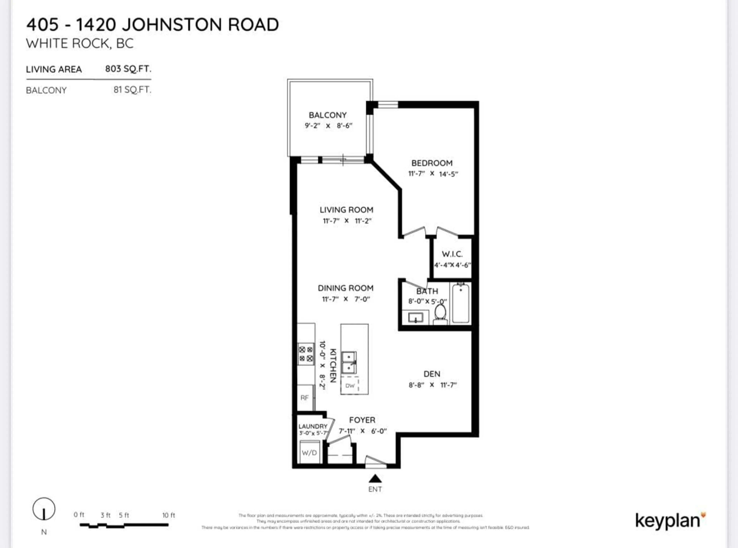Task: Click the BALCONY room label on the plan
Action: [x=327, y=115]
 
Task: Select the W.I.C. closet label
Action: [x=452, y=254]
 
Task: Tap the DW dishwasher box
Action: [x=350, y=385]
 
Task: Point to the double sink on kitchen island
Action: [x=349, y=363]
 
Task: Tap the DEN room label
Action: [x=432, y=374]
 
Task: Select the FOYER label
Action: [x=362, y=420]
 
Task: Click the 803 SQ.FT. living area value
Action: [x=128, y=69]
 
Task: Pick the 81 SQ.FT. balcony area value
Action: [x=132, y=90]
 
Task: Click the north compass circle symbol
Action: [x=44, y=509]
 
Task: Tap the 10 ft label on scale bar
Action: [x=168, y=515]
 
